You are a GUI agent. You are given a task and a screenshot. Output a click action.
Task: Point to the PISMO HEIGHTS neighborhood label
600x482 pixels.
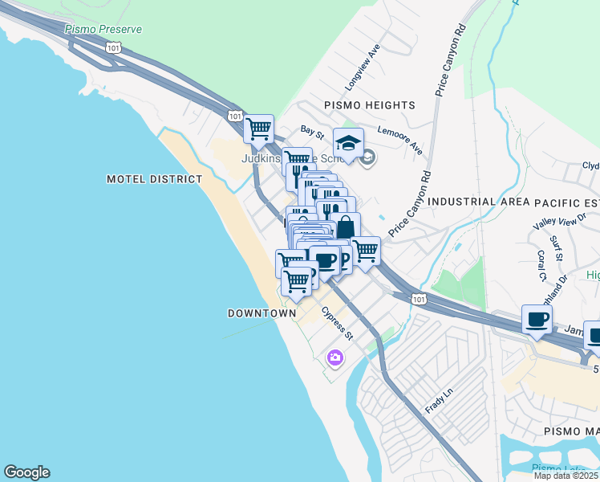369,105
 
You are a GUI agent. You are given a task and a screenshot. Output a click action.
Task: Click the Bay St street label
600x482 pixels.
312,129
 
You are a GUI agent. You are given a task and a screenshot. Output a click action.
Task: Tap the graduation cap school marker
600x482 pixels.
348,144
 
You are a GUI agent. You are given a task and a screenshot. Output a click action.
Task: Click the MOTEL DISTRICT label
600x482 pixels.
155,179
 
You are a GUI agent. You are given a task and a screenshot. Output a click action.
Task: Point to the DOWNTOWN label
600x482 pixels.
261,313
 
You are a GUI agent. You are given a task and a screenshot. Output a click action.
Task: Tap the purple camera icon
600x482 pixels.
334,357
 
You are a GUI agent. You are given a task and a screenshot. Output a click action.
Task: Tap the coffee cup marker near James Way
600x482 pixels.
537,319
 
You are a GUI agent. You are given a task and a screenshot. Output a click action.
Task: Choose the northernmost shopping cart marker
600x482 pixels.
258,129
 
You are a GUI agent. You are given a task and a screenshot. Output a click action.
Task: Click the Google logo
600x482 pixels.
26,472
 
